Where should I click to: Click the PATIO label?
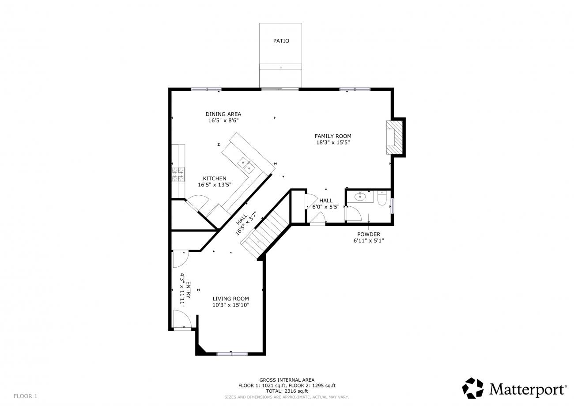pyautogui.click(x=281, y=41)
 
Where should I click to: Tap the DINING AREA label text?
pyautogui.click(x=223, y=114)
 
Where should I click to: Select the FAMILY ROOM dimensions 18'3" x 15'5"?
pyautogui.click(x=333, y=143)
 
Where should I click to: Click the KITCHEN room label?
pyautogui.click(x=215, y=178)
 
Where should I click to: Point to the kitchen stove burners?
pyautogui.click(x=178, y=175)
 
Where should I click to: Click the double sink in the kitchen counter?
pyautogui.click(x=246, y=165)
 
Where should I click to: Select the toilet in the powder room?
pyautogui.click(x=381, y=198)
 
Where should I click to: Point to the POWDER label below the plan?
pyautogui.click(x=369, y=234)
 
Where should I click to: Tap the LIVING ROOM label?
pyautogui.click(x=230, y=299)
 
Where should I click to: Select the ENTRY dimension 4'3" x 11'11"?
pyautogui.click(x=182, y=290)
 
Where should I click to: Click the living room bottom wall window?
pyautogui.click(x=232, y=354)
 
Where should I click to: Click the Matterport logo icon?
pyautogui.click(x=473, y=388)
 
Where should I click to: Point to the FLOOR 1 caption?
pyautogui.click(x=25, y=396)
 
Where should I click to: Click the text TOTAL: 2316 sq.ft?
pyautogui.click(x=287, y=391)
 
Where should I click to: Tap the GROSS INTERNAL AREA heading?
pyautogui.click(x=287, y=380)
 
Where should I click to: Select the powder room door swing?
pyautogui.click(x=354, y=213)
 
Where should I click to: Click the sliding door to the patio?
pyautogui.click(x=280, y=89)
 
